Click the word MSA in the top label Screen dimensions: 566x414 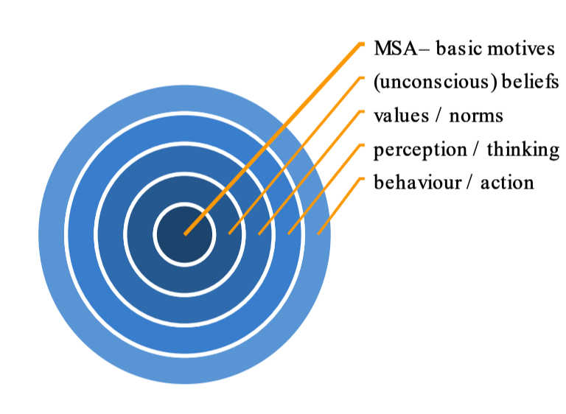tap(395, 49)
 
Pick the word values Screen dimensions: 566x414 tap(402, 116)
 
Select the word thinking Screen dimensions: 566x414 tap(523, 150)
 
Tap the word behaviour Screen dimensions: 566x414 tap(418, 182)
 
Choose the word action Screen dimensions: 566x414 tap(507, 183)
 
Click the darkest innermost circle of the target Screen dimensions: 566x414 tap(184, 234)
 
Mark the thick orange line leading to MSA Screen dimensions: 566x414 tap(273, 139)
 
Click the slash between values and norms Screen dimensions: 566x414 tap(439, 116)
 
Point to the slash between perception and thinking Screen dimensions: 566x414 tap(477, 150)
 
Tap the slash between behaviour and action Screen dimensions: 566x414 tap(471, 183)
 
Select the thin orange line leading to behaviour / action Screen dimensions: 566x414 tap(339, 206)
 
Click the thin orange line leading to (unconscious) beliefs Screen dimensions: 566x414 tap(294, 155)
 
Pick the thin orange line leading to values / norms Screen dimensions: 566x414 tap(310, 172)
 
